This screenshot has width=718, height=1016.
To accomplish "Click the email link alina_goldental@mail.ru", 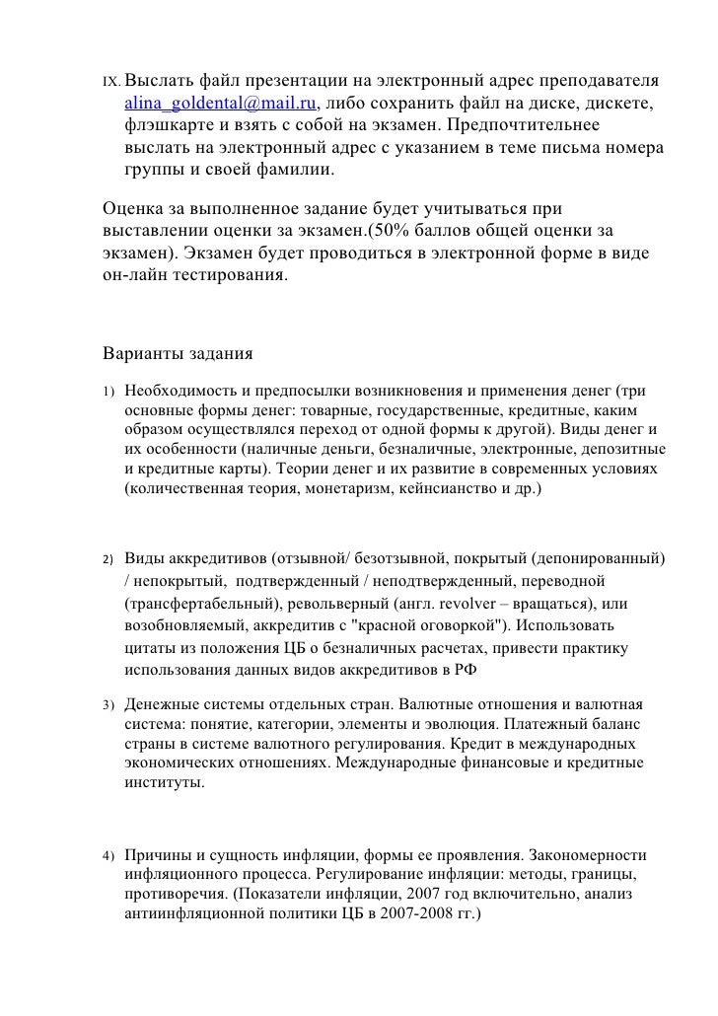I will (x=221, y=103).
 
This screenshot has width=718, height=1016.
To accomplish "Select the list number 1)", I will (x=109, y=392).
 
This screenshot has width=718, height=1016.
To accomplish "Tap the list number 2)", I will (x=109, y=560).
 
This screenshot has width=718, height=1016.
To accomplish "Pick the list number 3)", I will (x=109, y=706).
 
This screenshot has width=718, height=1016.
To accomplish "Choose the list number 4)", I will (x=109, y=855).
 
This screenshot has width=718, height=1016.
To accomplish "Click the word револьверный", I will (x=341, y=604).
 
